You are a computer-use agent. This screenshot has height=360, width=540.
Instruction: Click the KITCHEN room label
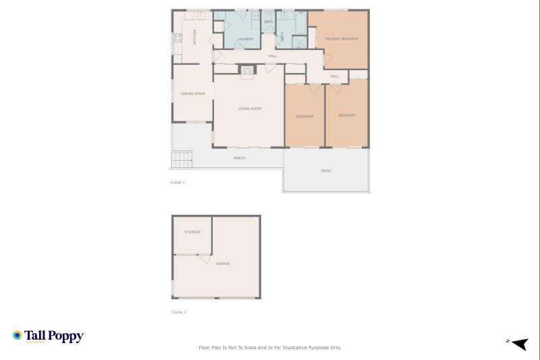click(195, 36)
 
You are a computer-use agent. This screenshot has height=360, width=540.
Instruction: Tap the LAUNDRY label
click(246, 39)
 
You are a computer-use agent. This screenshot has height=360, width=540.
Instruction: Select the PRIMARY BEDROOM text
click(342, 39)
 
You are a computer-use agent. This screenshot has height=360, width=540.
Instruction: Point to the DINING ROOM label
click(192, 94)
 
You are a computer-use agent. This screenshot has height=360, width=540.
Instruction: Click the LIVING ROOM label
click(250, 109)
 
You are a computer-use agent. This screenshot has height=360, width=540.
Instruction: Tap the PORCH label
click(239, 158)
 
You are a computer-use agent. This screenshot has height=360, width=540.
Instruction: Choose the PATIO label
click(326, 171)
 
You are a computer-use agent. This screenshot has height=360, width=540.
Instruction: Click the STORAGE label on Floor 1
click(192, 232)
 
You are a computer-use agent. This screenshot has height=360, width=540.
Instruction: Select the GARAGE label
click(223, 263)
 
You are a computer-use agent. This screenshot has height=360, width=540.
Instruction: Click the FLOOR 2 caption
click(178, 183)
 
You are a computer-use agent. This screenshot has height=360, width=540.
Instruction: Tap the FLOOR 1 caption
click(178, 313)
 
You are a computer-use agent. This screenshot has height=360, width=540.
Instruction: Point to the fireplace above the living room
click(248, 70)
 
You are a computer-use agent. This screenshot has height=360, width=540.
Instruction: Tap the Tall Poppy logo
click(48, 336)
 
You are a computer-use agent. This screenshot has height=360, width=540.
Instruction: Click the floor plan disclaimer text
click(269, 348)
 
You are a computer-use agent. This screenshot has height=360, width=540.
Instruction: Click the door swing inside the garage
click(204, 259)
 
